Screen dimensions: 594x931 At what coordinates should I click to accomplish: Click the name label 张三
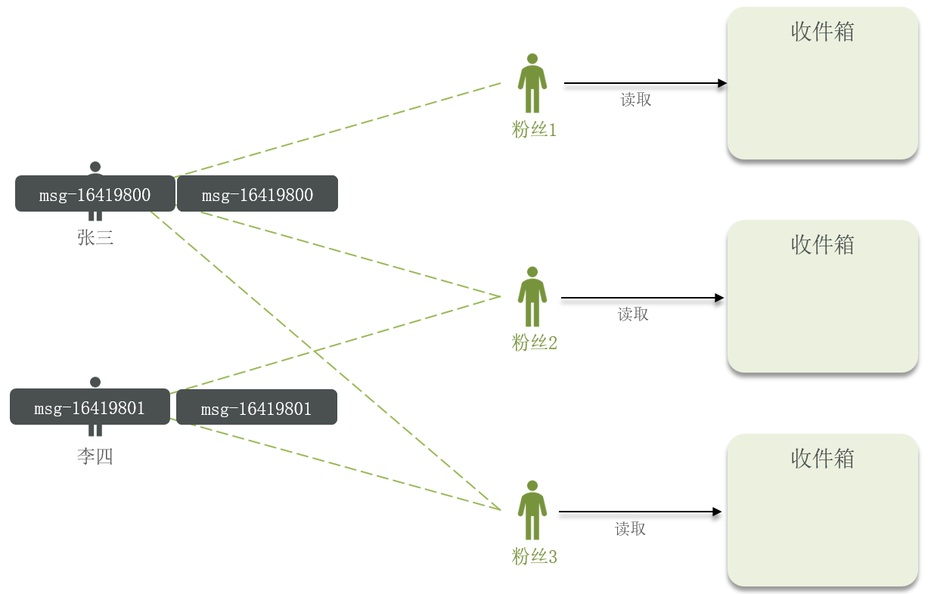click(x=95, y=238)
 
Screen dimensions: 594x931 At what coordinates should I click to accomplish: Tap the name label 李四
click(x=95, y=456)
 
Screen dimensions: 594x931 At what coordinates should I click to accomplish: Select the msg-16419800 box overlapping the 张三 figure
click(x=95, y=194)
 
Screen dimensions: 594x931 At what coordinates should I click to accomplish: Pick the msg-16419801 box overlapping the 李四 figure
click(x=89, y=408)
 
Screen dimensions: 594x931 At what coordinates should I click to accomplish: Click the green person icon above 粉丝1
click(x=532, y=83)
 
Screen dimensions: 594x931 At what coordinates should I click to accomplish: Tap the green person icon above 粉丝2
click(x=532, y=296)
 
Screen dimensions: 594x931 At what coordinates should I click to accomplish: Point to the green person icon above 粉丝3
click(x=532, y=510)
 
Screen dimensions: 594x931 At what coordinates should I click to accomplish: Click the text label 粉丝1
click(x=534, y=130)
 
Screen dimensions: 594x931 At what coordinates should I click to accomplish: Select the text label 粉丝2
click(x=534, y=343)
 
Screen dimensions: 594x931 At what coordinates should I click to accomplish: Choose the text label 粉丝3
click(x=534, y=558)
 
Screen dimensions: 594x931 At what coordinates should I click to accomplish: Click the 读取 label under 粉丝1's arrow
click(x=635, y=100)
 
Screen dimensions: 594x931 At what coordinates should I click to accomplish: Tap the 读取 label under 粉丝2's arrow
click(x=633, y=314)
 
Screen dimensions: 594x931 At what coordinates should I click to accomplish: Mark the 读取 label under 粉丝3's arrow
click(x=630, y=529)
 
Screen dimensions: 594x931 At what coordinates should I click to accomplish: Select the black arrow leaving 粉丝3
click(x=640, y=512)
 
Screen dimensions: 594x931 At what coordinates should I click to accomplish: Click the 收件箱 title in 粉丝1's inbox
click(x=822, y=32)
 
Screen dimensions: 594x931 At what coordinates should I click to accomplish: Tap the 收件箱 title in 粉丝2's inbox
click(x=822, y=245)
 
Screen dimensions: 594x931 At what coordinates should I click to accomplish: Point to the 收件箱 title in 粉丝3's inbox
click(x=822, y=459)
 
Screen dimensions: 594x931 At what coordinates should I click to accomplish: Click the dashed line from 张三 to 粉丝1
click(x=340, y=129)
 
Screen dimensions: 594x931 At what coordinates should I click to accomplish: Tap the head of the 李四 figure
click(x=95, y=382)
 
